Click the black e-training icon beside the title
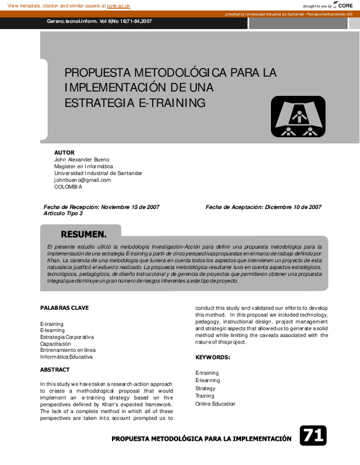(x=298, y=116)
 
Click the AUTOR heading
(x=64, y=152)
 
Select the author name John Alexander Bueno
(x=82, y=159)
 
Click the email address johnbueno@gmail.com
(x=82, y=180)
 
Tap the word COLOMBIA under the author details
(x=68, y=187)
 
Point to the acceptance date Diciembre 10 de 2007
(x=293, y=207)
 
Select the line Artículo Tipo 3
(x=63, y=213)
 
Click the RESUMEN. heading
(x=84, y=234)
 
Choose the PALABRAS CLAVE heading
(x=64, y=307)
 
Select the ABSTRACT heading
(x=55, y=369)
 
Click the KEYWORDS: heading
(x=213, y=357)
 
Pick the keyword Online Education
(x=215, y=404)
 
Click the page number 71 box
(x=312, y=436)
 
